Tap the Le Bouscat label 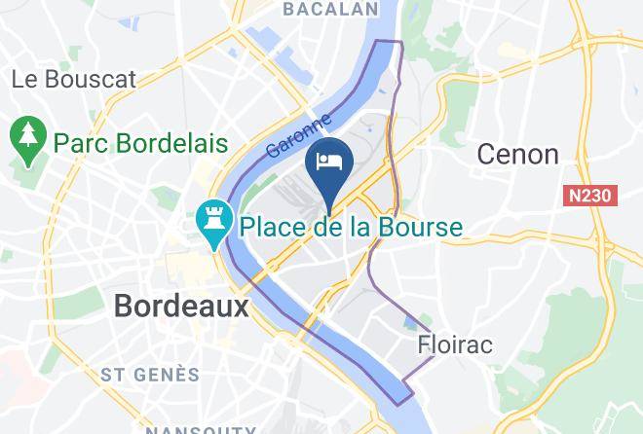click(x=74, y=80)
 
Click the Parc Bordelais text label click(x=140, y=144)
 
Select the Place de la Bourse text click(x=350, y=229)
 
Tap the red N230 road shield click(x=590, y=196)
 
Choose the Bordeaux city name click(x=181, y=306)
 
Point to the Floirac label click(x=455, y=344)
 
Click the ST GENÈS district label click(x=150, y=375)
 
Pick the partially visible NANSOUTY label click(x=202, y=428)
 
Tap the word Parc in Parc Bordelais click(x=80, y=144)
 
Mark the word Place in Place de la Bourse click(x=272, y=229)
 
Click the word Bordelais click(x=170, y=144)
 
